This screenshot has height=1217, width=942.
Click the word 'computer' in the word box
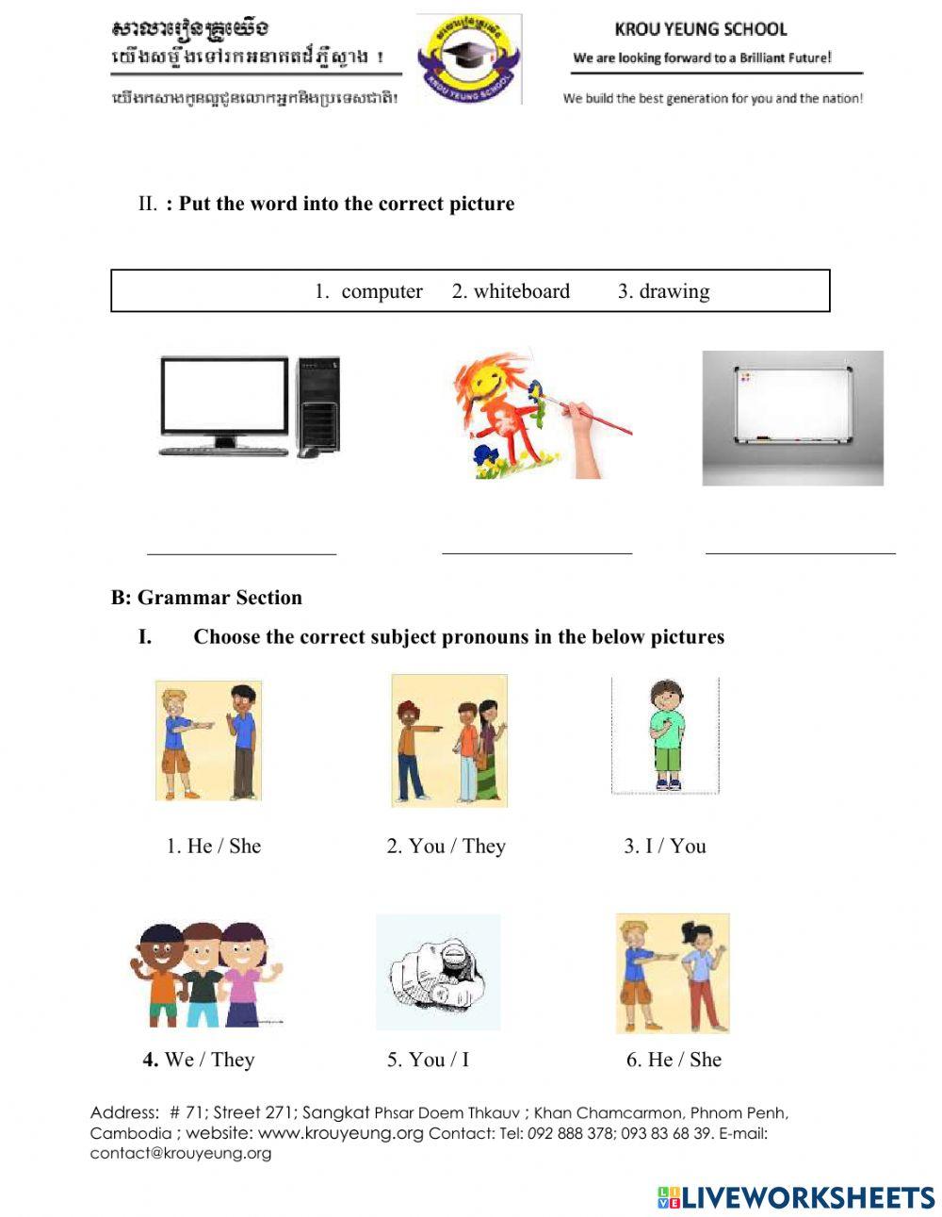tap(382, 291)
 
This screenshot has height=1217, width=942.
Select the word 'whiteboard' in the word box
tap(521, 291)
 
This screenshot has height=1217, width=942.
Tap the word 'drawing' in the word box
tap(674, 291)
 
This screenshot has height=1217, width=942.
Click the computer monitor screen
tap(224, 395)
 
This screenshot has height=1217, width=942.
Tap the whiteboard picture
tap(792, 418)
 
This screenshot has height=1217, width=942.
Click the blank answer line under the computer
tap(241, 552)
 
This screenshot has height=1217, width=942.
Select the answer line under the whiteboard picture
tap(800, 551)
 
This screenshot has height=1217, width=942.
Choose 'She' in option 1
tap(245, 846)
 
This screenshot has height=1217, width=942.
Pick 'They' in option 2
tap(484, 846)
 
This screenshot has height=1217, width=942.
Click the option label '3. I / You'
tap(664, 846)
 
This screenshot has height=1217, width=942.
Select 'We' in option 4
tap(179, 1060)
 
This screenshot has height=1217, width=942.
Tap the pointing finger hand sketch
tap(438, 972)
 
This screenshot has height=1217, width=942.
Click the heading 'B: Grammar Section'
tap(206, 598)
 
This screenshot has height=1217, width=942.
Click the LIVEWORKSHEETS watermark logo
tap(795, 1197)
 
